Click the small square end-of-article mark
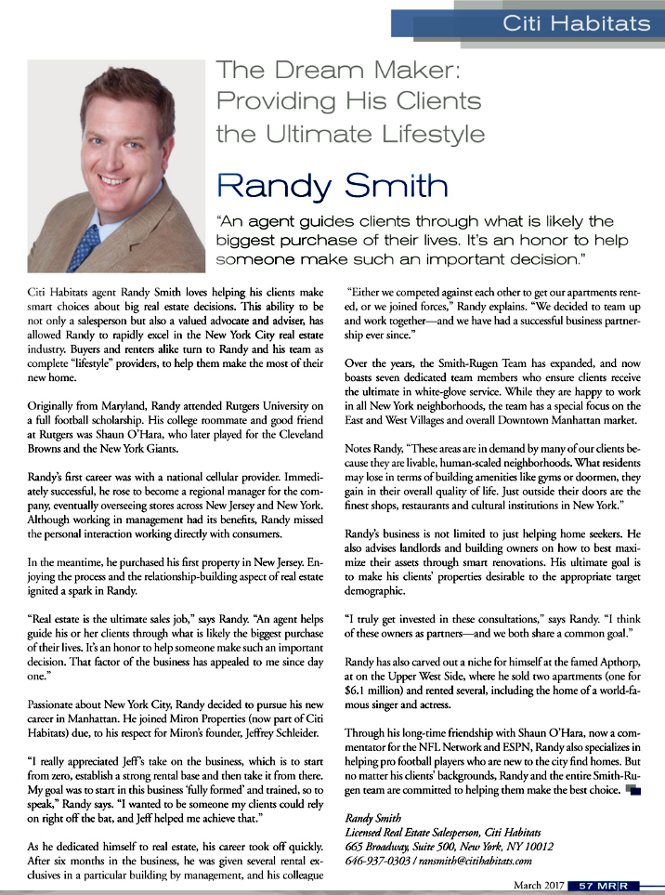(x=633, y=790)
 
